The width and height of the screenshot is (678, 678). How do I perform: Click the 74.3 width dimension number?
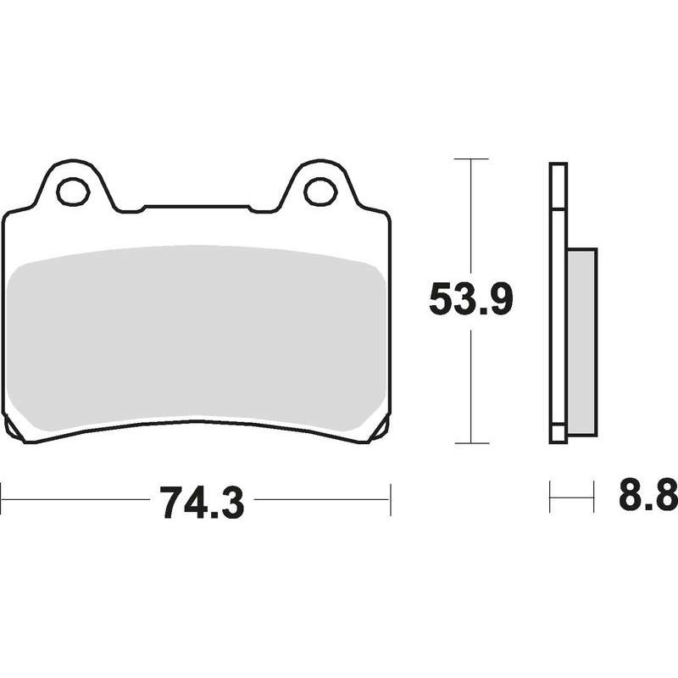click(x=202, y=503)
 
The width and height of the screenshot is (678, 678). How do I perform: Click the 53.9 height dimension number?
click(x=471, y=298)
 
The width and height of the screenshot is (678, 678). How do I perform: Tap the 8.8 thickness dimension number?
click(x=648, y=494)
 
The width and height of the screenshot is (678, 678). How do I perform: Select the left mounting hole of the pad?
click(x=73, y=192)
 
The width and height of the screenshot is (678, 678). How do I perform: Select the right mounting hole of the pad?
click(x=320, y=192)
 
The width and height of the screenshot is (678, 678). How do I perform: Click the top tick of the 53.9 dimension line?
click(x=471, y=159)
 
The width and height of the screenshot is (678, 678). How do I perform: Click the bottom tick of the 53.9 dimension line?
click(x=472, y=443)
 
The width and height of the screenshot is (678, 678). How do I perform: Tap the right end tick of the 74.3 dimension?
click(x=391, y=499)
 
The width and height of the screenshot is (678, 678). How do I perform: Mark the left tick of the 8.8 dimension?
click(x=550, y=497)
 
